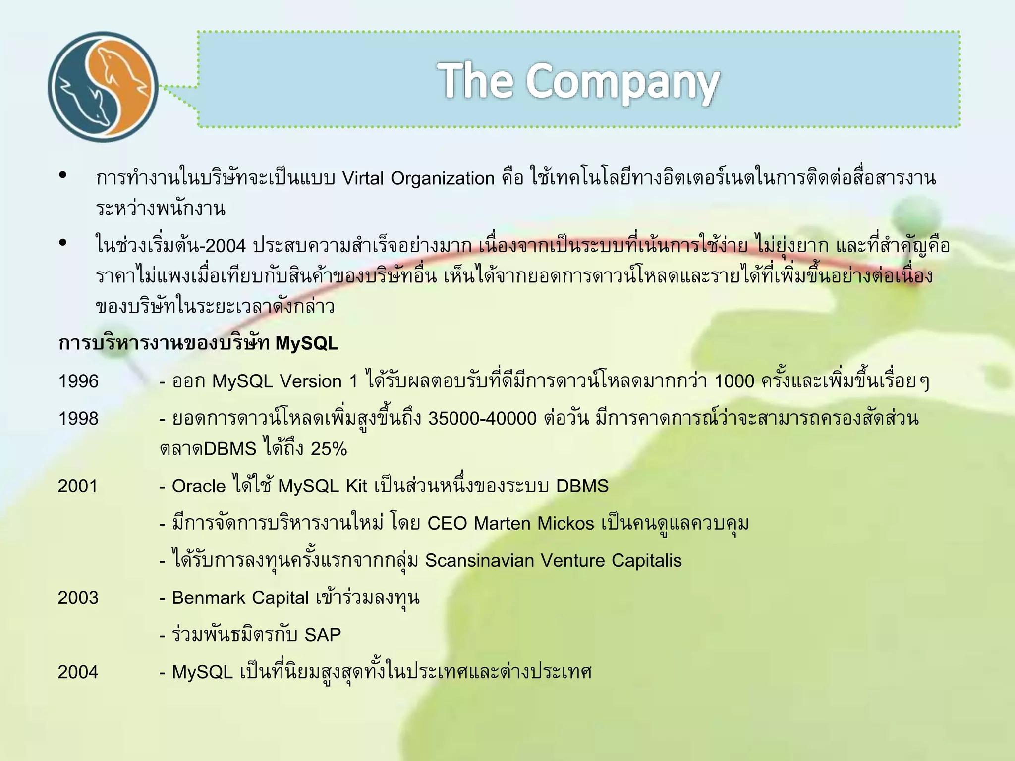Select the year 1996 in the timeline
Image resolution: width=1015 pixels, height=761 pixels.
[78, 381]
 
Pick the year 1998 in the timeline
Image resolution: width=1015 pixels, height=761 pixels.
[78, 419]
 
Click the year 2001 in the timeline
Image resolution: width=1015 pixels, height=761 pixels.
[78, 487]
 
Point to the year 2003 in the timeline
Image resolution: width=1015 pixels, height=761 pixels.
[78, 598]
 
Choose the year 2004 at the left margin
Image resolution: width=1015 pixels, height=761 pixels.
[78, 672]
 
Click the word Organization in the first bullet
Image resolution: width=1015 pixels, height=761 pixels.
[443, 178]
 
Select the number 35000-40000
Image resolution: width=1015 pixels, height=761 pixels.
[482, 419]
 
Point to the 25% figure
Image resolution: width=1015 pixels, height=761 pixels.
[329, 449]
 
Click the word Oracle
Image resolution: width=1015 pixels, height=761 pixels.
[199, 487]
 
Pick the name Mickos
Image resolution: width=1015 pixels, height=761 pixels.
[565, 524]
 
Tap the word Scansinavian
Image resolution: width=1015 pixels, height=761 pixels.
[479, 561]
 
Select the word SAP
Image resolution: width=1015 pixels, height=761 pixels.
[323, 635]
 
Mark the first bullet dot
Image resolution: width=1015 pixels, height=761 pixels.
[63, 175]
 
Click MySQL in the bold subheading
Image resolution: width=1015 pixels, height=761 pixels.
[307, 343]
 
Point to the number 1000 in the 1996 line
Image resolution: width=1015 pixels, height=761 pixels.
[734, 381]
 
